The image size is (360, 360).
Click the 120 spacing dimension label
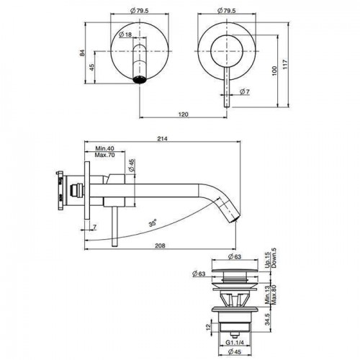pyautogui.click(x=184, y=114)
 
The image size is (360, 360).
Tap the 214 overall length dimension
pyautogui.click(x=162, y=139)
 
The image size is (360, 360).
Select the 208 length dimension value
pyautogui.click(x=160, y=246)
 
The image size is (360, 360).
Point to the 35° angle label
pyautogui.click(x=153, y=223)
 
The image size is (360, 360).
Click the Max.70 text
pyautogui.click(x=104, y=155)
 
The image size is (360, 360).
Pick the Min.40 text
pyautogui.click(x=104, y=148)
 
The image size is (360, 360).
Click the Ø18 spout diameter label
pyautogui.click(x=125, y=35)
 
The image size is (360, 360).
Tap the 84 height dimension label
pyautogui.click(x=82, y=53)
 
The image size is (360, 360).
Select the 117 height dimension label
pyautogui.click(x=285, y=65)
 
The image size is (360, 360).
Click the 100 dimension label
pyautogui.click(x=274, y=71)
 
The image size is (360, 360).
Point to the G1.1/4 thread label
pyautogui.click(x=235, y=343)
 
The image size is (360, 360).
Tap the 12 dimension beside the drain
pyautogui.click(x=208, y=326)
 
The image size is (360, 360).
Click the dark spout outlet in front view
pyautogui.click(x=140, y=79)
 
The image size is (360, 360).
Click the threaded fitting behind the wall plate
pyautogui.click(x=76, y=190)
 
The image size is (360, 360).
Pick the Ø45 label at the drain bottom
pyautogui.click(x=235, y=352)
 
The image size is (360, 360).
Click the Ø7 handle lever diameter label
pyautogui.click(x=245, y=91)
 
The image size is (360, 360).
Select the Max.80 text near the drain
pyautogui.click(x=274, y=294)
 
